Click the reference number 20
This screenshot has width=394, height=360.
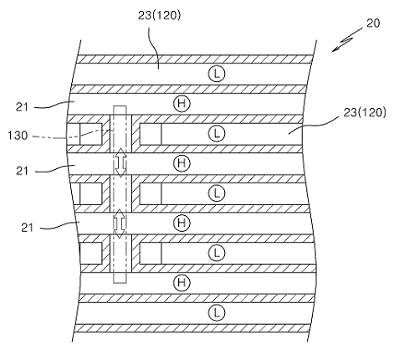(x=373, y=23)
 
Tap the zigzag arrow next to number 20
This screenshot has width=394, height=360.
(x=347, y=39)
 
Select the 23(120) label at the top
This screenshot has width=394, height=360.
(x=159, y=15)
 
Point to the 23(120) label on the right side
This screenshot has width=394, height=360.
(x=365, y=112)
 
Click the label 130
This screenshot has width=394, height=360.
(x=18, y=136)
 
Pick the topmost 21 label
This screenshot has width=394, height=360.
(x=22, y=107)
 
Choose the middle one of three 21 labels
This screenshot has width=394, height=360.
(x=22, y=171)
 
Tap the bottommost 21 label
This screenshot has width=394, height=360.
(x=28, y=228)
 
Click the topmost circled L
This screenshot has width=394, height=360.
(x=217, y=74)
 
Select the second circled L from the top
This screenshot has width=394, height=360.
(x=217, y=134)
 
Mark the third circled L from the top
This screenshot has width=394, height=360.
(x=217, y=193)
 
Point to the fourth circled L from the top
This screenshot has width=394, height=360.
(x=217, y=253)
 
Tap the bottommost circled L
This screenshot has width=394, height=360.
(x=217, y=312)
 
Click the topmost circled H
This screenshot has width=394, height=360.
(x=182, y=104)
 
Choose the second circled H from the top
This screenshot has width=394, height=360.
(x=182, y=163)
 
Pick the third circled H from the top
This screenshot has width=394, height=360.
(x=182, y=223)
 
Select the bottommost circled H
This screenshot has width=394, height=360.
(x=182, y=282)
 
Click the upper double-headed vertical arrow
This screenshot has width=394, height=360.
(x=120, y=162)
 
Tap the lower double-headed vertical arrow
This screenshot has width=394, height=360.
(x=120, y=224)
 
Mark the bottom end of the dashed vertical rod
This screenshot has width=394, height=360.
(x=120, y=283)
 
